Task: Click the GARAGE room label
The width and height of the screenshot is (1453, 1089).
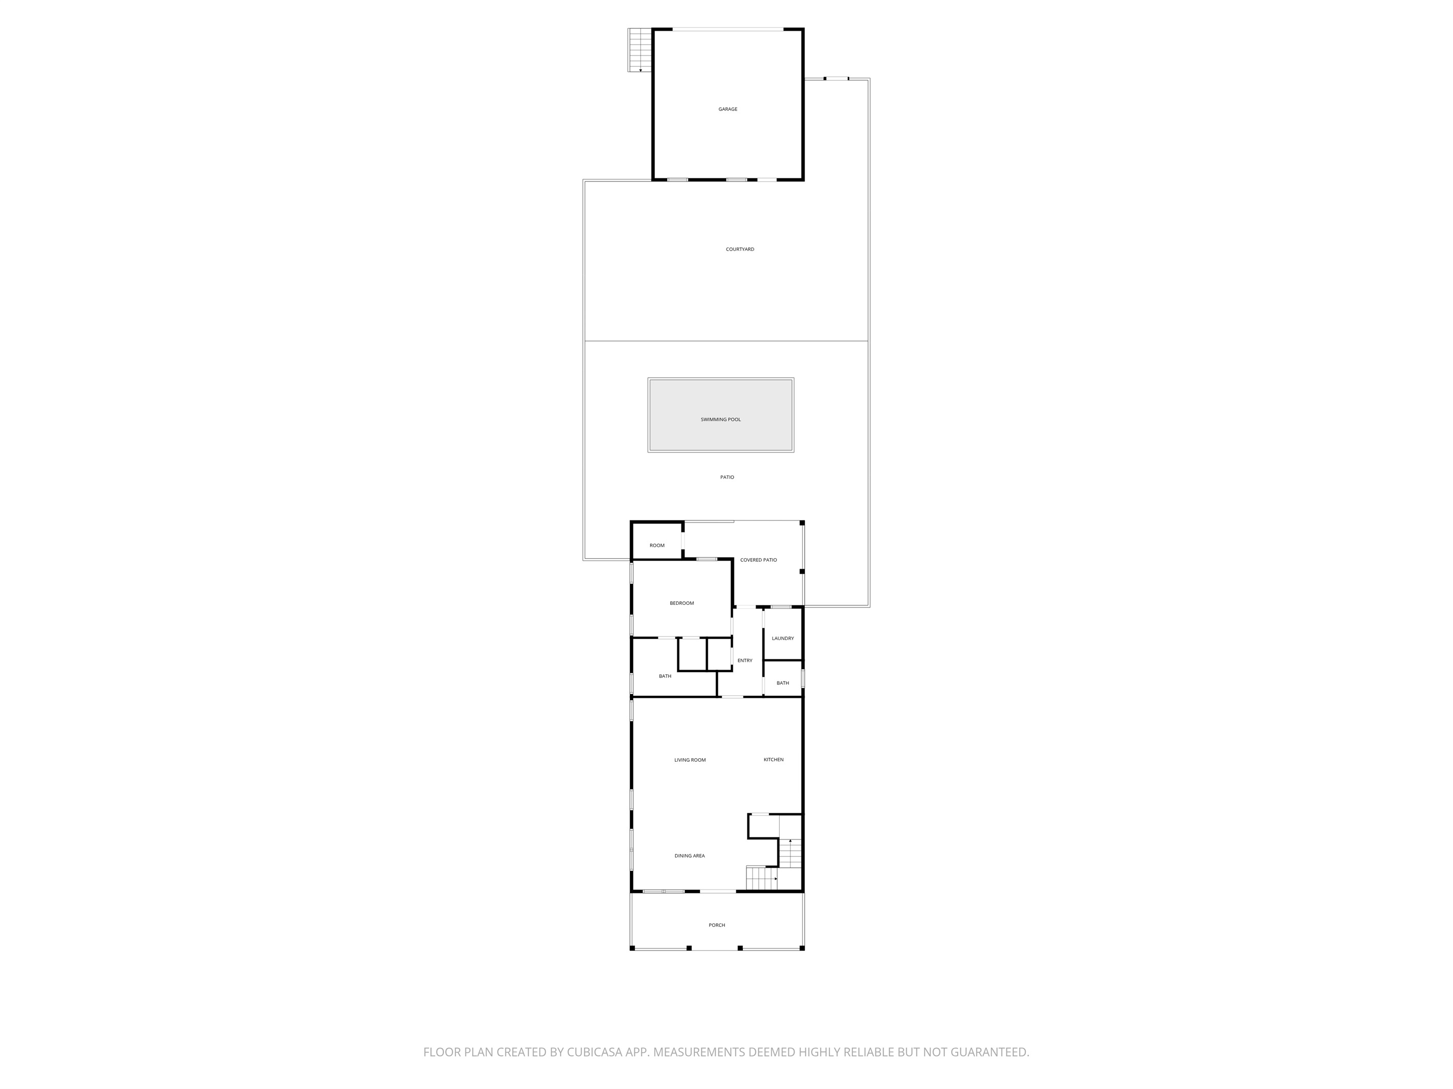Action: coord(728,109)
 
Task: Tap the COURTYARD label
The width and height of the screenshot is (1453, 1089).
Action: coord(740,249)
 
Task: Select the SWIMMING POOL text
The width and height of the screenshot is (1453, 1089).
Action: coord(720,419)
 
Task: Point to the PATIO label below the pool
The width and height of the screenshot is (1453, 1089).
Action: coord(727,477)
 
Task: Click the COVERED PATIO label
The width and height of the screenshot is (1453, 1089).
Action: coord(758,560)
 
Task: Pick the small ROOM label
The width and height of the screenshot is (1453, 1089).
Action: coord(657,546)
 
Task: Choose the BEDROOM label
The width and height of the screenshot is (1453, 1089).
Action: coord(682,603)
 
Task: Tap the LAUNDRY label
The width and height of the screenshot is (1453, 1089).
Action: coord(783,638)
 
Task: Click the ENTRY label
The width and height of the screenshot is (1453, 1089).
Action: coord(745,661)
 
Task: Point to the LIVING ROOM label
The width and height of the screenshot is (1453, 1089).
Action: coord(690,760)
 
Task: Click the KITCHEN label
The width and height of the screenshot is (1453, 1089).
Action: coord(773,759)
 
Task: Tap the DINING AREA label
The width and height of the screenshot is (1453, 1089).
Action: coord(690,856)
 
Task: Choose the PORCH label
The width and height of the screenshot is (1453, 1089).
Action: coord(717,925)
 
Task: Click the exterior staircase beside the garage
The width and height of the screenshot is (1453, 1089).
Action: coord(640,50)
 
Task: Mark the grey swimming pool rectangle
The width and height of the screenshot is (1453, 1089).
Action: coord(720,415)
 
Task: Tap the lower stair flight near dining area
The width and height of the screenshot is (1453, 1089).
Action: coord(762,878)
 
